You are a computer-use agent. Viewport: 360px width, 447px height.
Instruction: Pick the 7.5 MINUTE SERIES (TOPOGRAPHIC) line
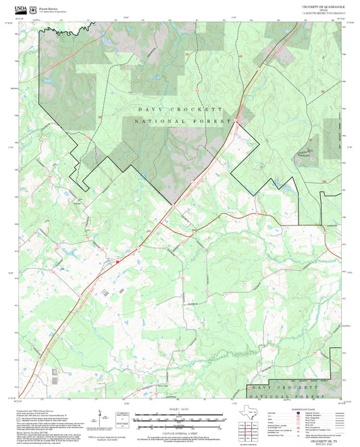tap(324, 14)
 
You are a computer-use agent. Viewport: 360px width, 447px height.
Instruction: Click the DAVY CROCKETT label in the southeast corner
tap(283, 388)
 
